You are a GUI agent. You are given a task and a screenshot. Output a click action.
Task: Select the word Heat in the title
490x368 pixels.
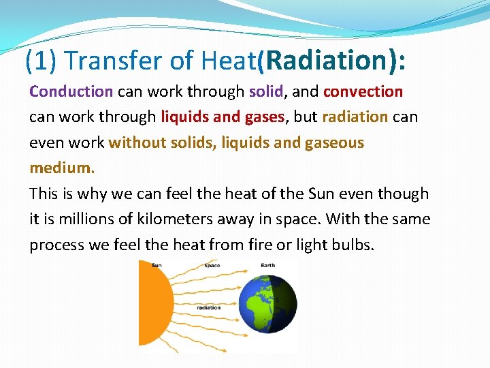228,61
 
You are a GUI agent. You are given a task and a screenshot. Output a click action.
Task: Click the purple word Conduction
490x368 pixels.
71,91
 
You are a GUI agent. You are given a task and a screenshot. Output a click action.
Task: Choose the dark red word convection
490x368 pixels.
363,91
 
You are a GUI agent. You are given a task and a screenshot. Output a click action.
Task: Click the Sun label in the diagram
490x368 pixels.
157,265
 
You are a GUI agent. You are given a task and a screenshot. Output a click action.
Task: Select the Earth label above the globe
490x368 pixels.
267,265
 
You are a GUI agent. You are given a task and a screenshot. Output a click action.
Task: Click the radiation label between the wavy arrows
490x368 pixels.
208,307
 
